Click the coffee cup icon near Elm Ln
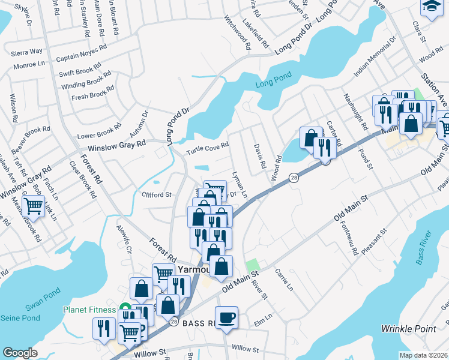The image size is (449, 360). click(226, 317)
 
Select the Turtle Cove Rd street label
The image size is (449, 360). click(207, 148)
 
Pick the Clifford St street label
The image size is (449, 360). click(156, 194)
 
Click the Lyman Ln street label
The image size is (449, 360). click(240, 185)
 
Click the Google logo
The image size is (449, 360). click(20, 353)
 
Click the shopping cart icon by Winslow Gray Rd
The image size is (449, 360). click(34, 206)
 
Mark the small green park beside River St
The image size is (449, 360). click(253, 265)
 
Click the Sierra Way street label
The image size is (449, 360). click(27, 52)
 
